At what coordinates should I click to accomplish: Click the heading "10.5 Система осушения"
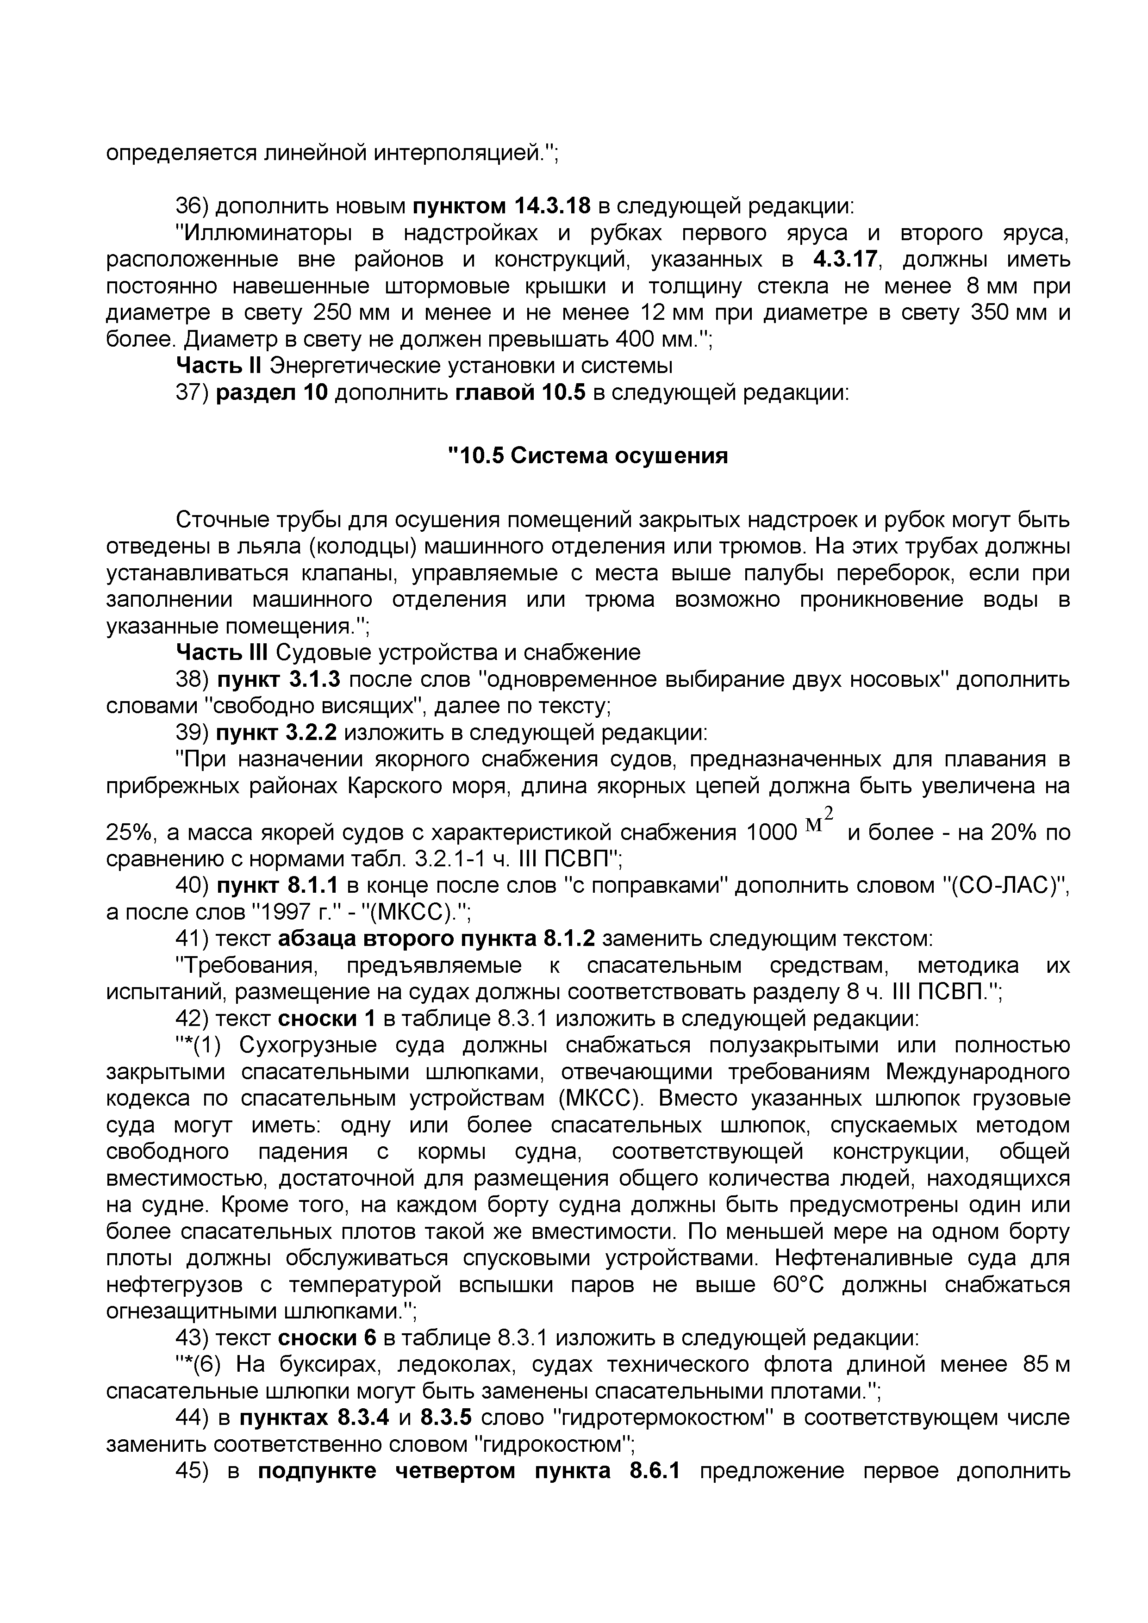coord(589,456)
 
